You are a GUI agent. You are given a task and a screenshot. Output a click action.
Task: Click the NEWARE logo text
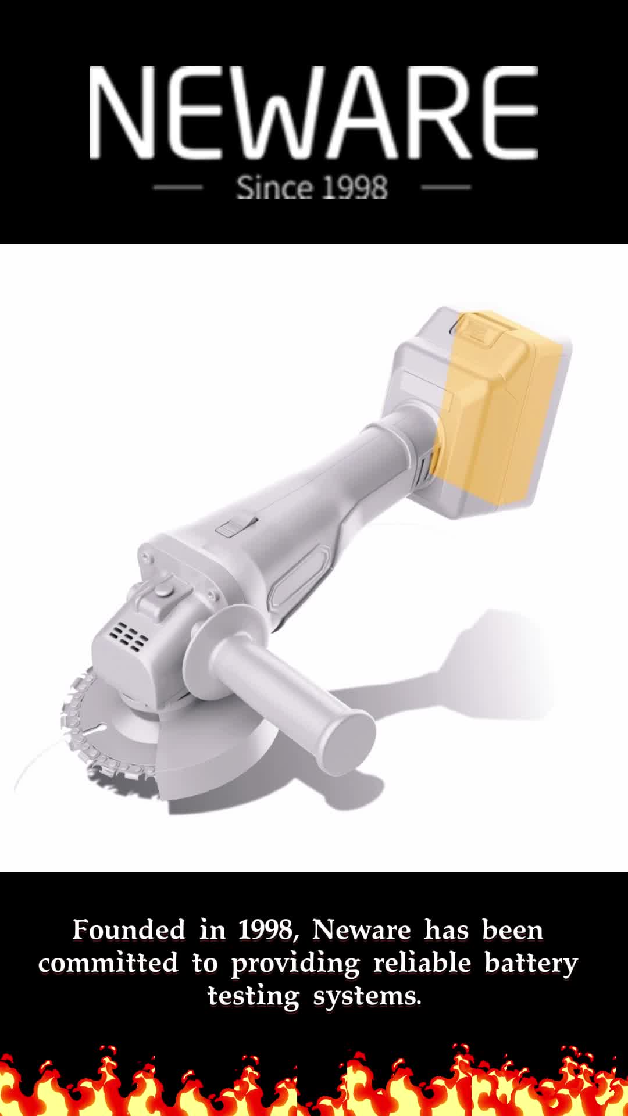point(313,113)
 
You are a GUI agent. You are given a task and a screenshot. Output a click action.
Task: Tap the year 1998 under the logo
point(355,188)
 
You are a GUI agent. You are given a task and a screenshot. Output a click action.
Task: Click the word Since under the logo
point(274,187)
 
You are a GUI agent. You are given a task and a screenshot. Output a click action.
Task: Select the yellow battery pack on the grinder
point(500,407)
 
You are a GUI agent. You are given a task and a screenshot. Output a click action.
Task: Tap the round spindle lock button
point(163,592)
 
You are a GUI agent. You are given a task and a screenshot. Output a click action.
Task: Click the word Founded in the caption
point(129,930)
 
